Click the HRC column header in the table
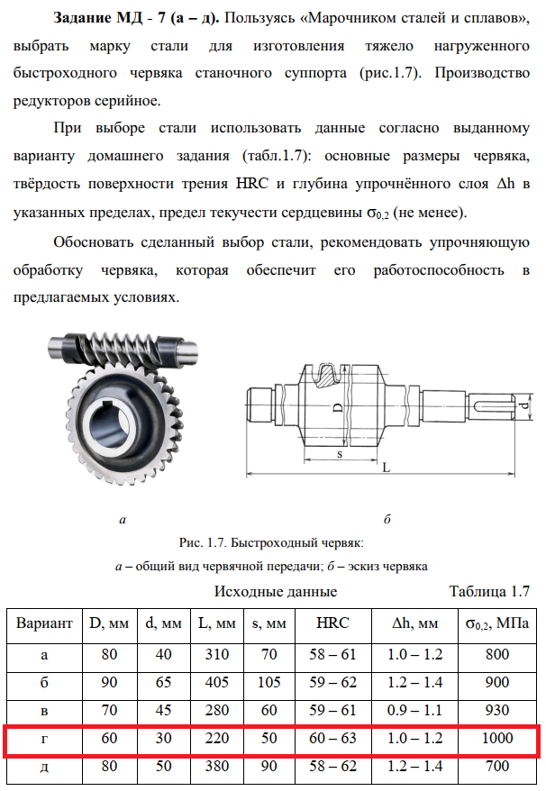pyautogui.click(x=332, y=623)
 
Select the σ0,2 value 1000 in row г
pyautogui.click(x=497, y=739)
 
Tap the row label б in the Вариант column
pyautogui.click(x=45, y=682)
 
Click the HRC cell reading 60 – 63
pyautogui.click(x=332, y=739)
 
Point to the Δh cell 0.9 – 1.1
pyautogui.click(x=414, y=710)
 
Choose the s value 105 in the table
pyautogui.click(x=269, y=682)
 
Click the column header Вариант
pyautogui.click(x=45, y=623)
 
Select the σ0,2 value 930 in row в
pyautogui.click(x=497, y=710)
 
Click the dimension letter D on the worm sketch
pyautogui.click(x=337, y=407)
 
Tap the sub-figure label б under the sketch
pyautogui.click(x=387, y=520)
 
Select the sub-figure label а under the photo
pyautogui.click(x=122, y=520)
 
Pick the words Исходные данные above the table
pyautogui.click(x=276, y=592)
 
